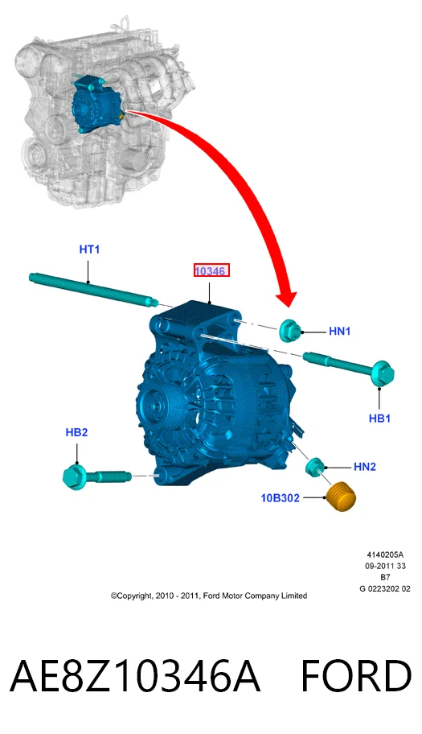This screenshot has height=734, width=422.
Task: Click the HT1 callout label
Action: [x=89, y=249]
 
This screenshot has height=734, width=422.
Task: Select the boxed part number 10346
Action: [x=211, y=270]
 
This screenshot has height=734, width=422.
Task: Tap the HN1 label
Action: [x=340, y=332]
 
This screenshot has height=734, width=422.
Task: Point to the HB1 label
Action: [x=379, y=418]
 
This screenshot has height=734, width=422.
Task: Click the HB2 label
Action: [x=76, y=432]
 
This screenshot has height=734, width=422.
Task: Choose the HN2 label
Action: [x=364, y=467]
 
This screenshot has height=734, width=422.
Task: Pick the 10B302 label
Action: [x=280, y=497]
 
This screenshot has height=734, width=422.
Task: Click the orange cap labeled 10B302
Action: [x=341, y=497]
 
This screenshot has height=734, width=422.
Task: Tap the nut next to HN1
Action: [x=290, y=330]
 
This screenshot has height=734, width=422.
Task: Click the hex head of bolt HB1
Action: [x=383, y=373]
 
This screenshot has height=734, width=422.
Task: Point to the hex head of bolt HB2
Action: [x=74, y=477]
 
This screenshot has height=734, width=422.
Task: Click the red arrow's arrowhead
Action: [x=286, y=299]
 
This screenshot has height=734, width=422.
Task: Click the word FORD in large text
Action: [x=355, y=675]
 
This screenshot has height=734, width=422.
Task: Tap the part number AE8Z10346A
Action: [x=134, y=675]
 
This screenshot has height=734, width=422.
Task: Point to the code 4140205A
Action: [x=384, y=555]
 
